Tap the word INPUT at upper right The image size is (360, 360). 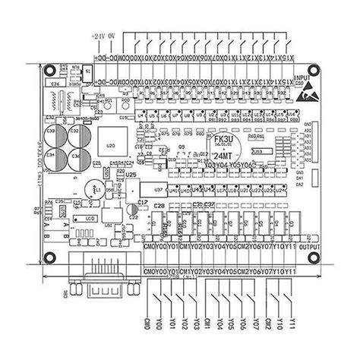[302, 77]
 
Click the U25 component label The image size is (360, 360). [131, 175]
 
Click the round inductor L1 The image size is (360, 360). [94, 187]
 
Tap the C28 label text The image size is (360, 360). [159, 206]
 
